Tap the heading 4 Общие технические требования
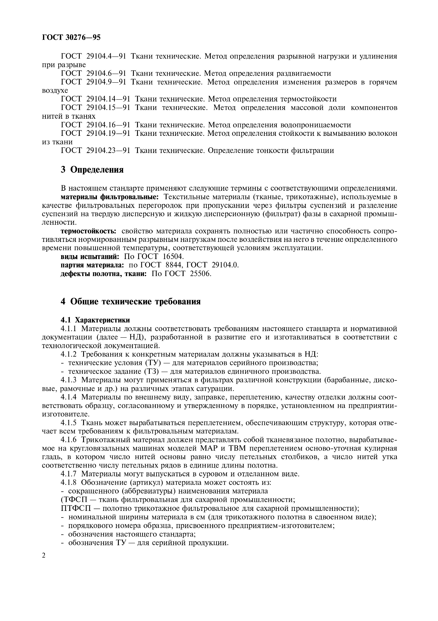pyautogui.click(x=130, y=301)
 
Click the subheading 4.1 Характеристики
pyautogui.click(x=95, y=320)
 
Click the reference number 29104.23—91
pyautogui.click(x=108, y=150)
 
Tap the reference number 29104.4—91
pyautogui.click(x=106, y=56)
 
